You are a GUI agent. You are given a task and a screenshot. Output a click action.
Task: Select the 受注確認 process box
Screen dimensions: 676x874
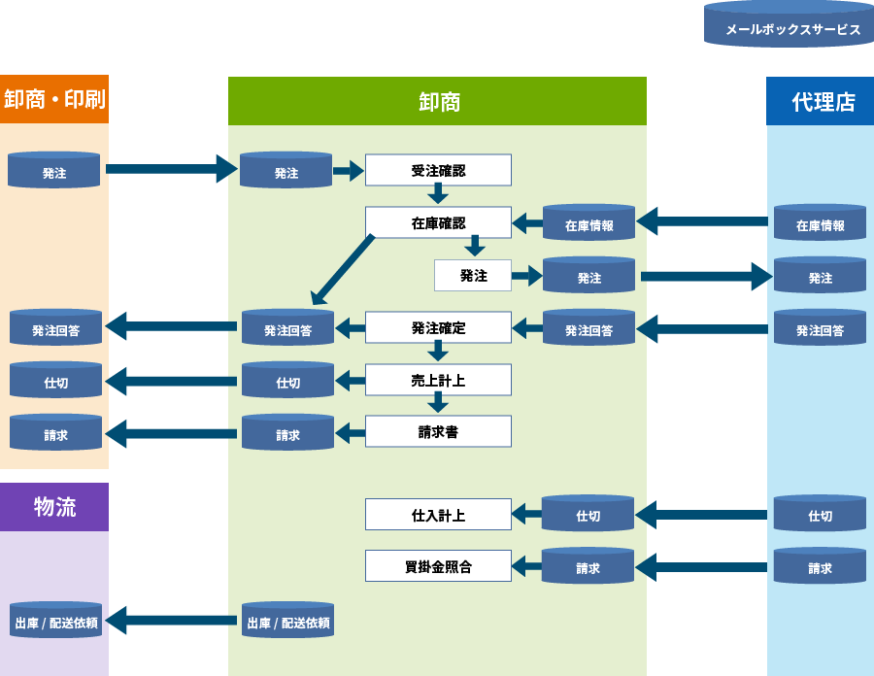click(x=438, y=170)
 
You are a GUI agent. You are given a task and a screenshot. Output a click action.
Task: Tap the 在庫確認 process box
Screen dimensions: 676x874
click(x=438, y=222)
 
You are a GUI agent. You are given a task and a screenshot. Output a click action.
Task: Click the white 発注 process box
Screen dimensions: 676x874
click(x=473, y=276)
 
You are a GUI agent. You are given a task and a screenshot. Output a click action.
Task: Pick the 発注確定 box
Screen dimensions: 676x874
click(x=438, y=327)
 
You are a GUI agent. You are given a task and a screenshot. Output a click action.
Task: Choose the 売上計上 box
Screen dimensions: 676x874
click(x=438, y=380)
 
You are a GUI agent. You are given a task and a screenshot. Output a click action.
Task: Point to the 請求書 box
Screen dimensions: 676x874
click(x=438, y=431)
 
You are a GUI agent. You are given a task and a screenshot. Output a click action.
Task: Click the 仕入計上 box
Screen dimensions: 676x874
click(x=438, y=515)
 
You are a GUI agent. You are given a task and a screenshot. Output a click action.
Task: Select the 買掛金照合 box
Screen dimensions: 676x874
click(x=438, y=565)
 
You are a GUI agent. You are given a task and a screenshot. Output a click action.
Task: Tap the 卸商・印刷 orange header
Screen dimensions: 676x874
click(x=54, y=99)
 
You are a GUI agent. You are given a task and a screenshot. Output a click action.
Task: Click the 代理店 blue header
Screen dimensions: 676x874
click(x=821, y=101)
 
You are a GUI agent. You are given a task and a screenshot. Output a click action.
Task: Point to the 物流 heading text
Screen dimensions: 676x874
click(x=54, y=506)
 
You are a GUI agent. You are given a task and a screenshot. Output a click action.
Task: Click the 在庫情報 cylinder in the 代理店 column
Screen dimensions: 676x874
click(x=820, y=223)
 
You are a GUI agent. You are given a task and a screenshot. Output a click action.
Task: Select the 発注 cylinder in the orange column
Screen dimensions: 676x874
click(x=54, y=171)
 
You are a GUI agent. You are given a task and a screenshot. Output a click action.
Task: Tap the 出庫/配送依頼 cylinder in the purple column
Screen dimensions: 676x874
click(x=56, y=621)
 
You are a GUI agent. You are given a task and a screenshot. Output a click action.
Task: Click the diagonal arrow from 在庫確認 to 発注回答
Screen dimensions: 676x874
click(x=344, y=269)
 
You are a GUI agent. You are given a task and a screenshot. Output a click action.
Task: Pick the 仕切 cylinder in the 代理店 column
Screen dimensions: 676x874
click(x=820, y=515)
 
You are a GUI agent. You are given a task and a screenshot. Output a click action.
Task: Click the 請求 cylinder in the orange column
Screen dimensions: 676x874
click(x=55, y=433)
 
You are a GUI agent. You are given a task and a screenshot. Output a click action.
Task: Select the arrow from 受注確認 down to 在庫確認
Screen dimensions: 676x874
click(x=438, y=195)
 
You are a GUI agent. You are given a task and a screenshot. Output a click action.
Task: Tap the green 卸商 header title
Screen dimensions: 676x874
click(x=438, y=101)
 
